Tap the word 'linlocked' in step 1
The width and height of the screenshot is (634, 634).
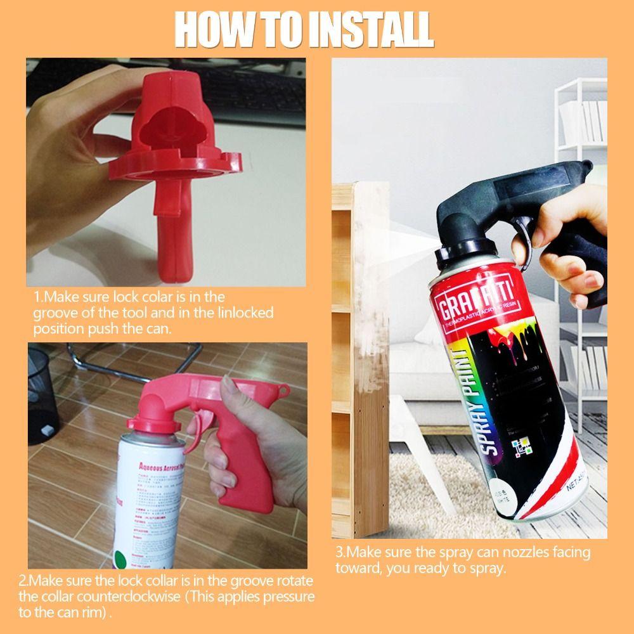coord(242,313)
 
